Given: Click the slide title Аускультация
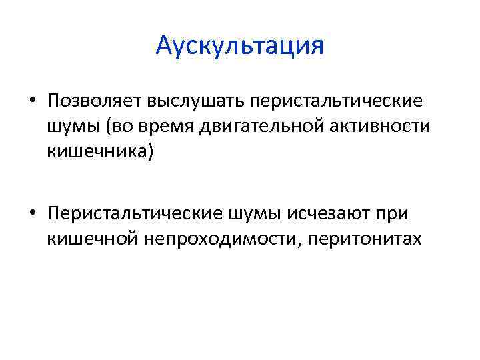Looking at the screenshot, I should [x=239, y=46].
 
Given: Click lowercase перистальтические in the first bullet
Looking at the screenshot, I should [x=336, y=101].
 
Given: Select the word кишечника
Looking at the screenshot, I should [x=97, y=152].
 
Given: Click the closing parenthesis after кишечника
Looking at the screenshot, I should [x=151, y=153].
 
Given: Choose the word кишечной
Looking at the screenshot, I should [x=89, y=238].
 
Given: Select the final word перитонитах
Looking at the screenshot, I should [x=363, y=238].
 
